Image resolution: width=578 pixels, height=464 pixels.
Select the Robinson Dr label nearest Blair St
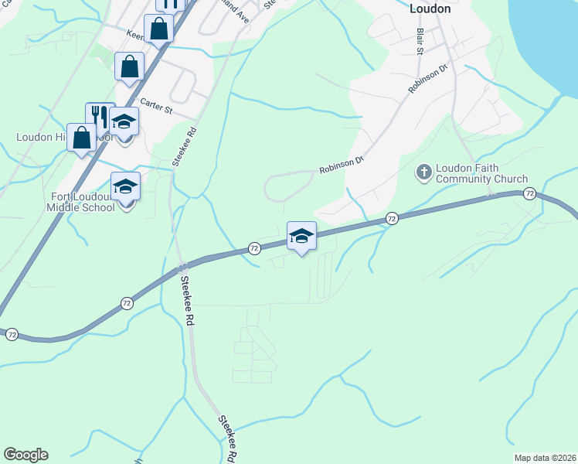point(429,80)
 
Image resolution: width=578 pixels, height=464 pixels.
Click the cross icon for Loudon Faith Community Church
point(424,171)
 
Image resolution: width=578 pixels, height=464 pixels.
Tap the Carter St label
point(156,106)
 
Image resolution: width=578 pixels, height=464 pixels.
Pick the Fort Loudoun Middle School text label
point(80,202)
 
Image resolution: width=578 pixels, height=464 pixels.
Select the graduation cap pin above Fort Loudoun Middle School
point(125,187)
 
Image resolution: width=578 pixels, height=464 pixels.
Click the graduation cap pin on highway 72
point(301,237)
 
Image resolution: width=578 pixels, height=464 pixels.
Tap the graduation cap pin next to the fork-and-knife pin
point(124,122)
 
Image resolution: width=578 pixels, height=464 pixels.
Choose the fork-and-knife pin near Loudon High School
point(99,117)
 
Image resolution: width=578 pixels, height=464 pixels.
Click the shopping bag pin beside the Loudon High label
point(82,138)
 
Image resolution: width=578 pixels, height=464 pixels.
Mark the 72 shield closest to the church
point(529,193)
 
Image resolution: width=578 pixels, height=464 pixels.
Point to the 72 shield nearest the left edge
point(12,335)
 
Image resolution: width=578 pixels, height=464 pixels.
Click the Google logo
point(25,455)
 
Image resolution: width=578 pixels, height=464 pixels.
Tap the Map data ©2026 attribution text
point(544,458)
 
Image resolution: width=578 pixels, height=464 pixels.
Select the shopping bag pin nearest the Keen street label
point(158,30)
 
